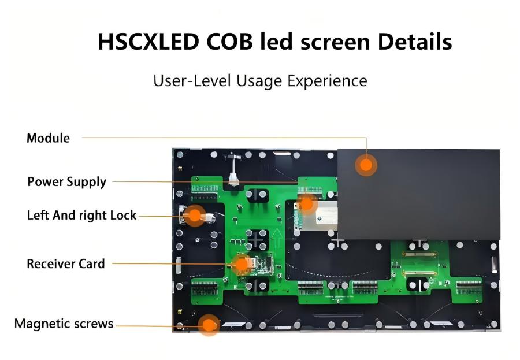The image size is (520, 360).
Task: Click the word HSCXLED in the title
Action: pos(148,42)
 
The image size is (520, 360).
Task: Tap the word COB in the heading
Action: pos(229,42)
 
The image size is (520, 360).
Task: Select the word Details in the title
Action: pos(414,42)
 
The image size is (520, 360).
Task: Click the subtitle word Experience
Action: pos(327,81)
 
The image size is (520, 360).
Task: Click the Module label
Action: pos(48,138)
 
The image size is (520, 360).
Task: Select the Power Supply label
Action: pos(66,182)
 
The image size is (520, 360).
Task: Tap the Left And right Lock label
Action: pos(81,216)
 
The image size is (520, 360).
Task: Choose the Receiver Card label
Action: pos(66,264)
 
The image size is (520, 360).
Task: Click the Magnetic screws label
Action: pos(64,324)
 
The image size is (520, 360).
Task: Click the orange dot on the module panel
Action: pos(366,165)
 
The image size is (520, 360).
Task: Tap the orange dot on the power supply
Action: pos(307,204)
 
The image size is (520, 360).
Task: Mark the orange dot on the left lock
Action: pos(195,216)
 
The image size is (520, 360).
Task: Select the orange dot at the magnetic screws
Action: pos(209,325)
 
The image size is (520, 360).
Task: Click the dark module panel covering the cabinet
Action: pos(418,194)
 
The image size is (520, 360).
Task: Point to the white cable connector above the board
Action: pos(233,179)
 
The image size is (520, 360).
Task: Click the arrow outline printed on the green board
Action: pos(277,238)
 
